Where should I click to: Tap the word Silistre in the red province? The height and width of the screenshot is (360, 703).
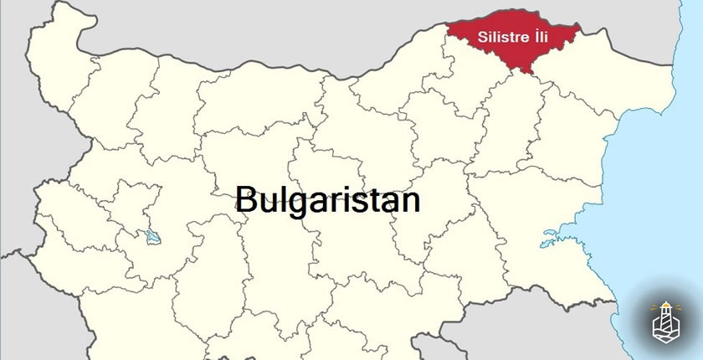[x=500, y=38]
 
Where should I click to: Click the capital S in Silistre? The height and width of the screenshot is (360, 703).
[x=481, y=38]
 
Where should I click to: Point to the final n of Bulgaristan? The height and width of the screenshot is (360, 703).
[x=410, y=201]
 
